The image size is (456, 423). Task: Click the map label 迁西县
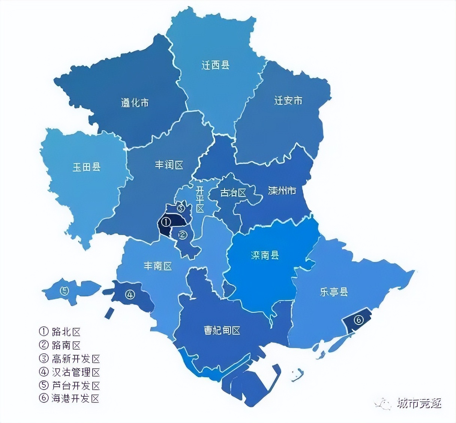point(215,66)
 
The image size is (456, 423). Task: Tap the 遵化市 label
point(135,103)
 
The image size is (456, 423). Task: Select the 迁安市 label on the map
point(288,100)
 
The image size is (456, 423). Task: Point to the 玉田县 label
point(87,167)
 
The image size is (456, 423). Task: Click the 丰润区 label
point(169,165)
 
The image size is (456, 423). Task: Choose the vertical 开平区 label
point(200,199)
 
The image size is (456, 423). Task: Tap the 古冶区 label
point(233,193)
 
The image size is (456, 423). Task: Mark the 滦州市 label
point(282,191)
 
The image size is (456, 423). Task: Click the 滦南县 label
point(265,255)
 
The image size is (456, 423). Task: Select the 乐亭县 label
point(334,292)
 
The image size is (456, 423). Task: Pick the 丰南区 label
point(158,266)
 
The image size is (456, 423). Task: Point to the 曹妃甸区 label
point(222,330)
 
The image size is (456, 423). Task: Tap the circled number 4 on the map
point(130,295)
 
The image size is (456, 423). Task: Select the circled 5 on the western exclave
point(64,290)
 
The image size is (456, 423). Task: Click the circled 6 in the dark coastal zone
point(358,320)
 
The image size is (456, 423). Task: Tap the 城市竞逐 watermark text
point(419,403)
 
